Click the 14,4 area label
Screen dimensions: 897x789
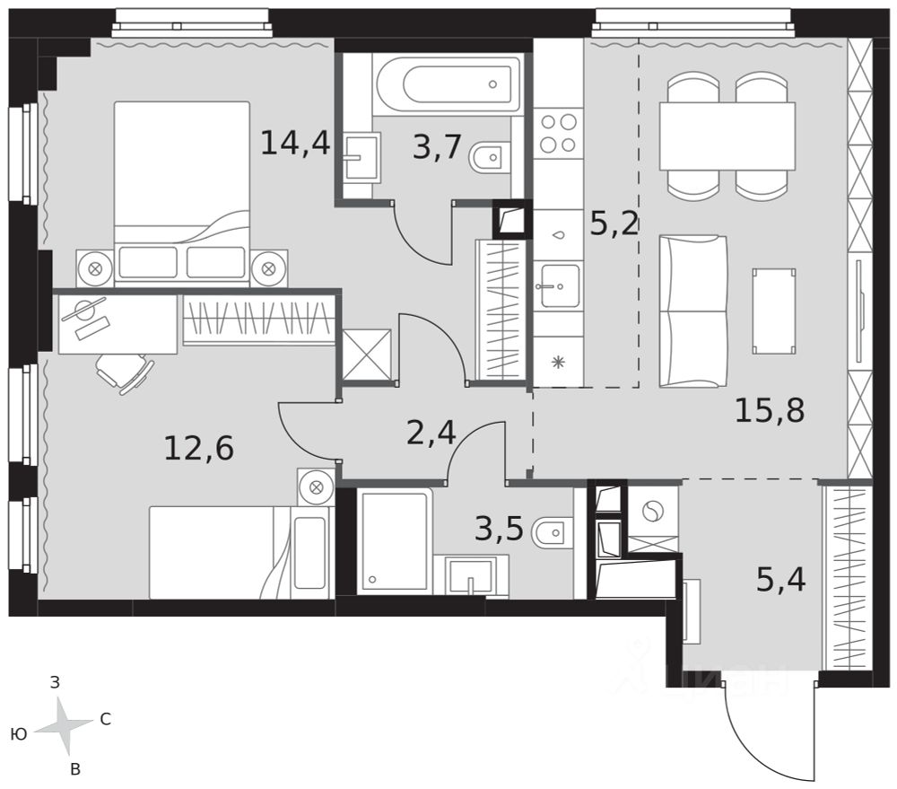[295, 143]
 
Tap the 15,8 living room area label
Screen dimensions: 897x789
[770, 410]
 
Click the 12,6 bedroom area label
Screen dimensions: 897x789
[198, 448]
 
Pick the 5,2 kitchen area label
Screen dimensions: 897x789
[614, 224]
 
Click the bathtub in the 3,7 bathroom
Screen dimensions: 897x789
[447, 84]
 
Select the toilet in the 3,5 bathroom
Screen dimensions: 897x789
[551, 533]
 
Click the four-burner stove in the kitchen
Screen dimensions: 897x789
[558, 133]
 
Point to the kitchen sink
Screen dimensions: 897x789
[560, 285]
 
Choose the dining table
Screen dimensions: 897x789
[727, 136]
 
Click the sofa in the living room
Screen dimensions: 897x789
[692, 311]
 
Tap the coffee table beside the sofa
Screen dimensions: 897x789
[774, 311]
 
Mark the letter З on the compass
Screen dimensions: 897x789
[55, 682]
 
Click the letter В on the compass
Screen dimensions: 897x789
[75, 770]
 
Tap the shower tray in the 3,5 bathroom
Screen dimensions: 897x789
[394, 541]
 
